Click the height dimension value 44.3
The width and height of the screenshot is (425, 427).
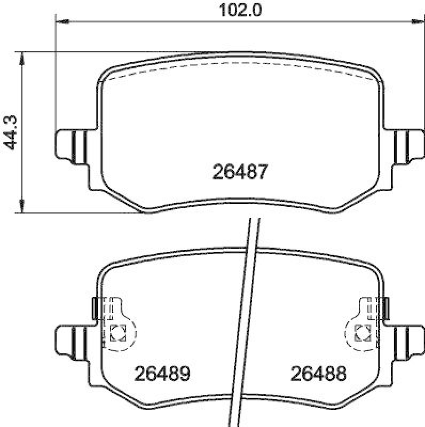tap(9, 132)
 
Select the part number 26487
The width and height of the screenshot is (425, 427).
tap(239, 172)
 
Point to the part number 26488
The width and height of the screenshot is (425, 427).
tap(318, 373)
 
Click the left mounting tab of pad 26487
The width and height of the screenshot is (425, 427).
tap(72, 144)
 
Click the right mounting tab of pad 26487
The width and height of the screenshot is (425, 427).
tap(405, 144)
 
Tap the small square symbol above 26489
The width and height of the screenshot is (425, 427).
tap(117, 333)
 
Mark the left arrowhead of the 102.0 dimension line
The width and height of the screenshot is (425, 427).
tap(62, 22)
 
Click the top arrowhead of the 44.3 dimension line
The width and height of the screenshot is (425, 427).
tap(22, 58)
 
